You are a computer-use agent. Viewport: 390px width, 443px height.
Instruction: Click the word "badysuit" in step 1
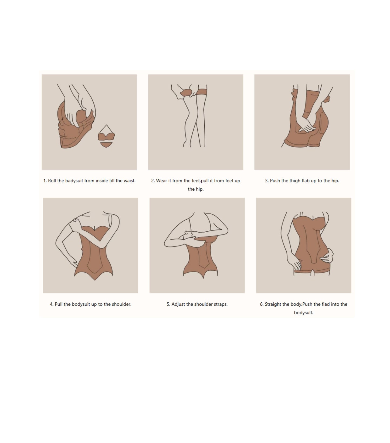[x=74, y=181]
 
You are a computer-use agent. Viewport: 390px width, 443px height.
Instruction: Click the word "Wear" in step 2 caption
[x=161, y=181]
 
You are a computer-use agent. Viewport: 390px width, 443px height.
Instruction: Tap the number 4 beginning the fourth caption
[x=51, y=304]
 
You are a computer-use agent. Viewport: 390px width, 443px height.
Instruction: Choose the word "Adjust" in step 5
[x=178, y=304]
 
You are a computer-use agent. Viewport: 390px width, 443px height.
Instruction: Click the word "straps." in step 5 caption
[x=220, y=304]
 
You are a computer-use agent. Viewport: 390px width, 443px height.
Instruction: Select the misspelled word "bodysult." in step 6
[x=304, y=313]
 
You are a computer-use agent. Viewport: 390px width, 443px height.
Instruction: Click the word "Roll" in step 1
[x=52, y=181]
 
